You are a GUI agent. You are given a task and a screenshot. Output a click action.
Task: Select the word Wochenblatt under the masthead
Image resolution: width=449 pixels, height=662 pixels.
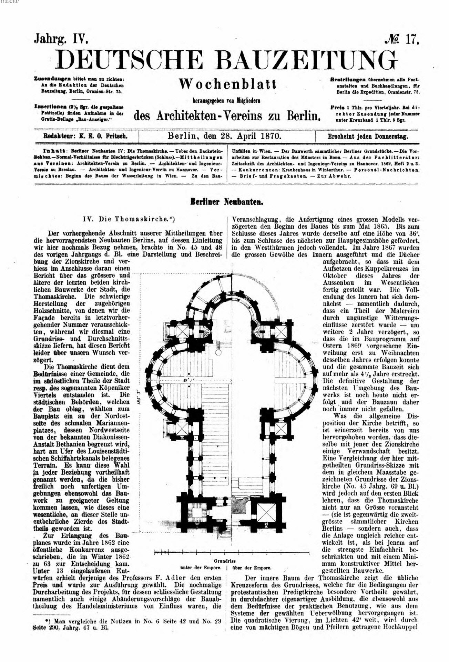pyautogui.click(x=228, y=84)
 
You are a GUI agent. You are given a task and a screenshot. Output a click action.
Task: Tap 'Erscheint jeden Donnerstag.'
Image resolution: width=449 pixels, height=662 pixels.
pyautogui.click(x=368, y=136)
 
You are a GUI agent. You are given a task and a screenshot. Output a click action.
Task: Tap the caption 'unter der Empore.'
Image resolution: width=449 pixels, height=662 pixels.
pyautogui.click(x=201, y=568)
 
